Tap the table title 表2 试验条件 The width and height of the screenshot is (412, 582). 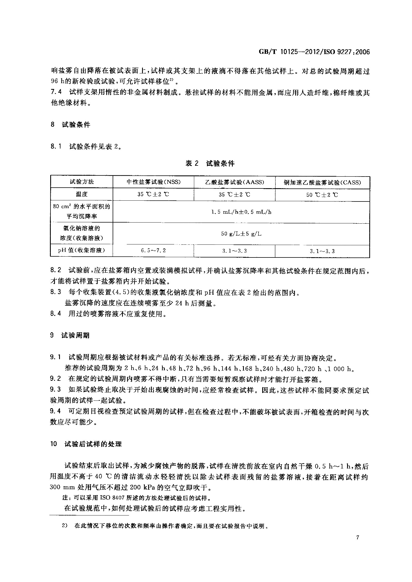point(210,164)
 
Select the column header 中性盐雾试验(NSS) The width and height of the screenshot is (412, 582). point(153,182)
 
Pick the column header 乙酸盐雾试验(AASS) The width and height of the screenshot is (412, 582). point(234,182)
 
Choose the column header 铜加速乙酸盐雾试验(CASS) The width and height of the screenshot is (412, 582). point(322,182)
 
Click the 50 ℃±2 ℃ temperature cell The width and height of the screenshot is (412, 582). point(322,195)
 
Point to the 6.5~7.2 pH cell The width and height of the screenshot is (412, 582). point(153,251)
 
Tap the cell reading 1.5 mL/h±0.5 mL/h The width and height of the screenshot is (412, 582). point(241,212)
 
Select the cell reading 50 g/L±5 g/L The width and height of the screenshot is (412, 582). point(241,234)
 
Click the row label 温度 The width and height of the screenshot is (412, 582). point(82,194)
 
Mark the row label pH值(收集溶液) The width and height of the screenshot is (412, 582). point(82,250)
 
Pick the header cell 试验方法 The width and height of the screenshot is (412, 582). point(82,182)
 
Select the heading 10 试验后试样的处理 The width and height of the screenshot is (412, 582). point(86,444)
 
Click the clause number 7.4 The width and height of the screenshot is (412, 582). point(56,93)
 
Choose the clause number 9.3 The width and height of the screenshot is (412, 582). point(55,390)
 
